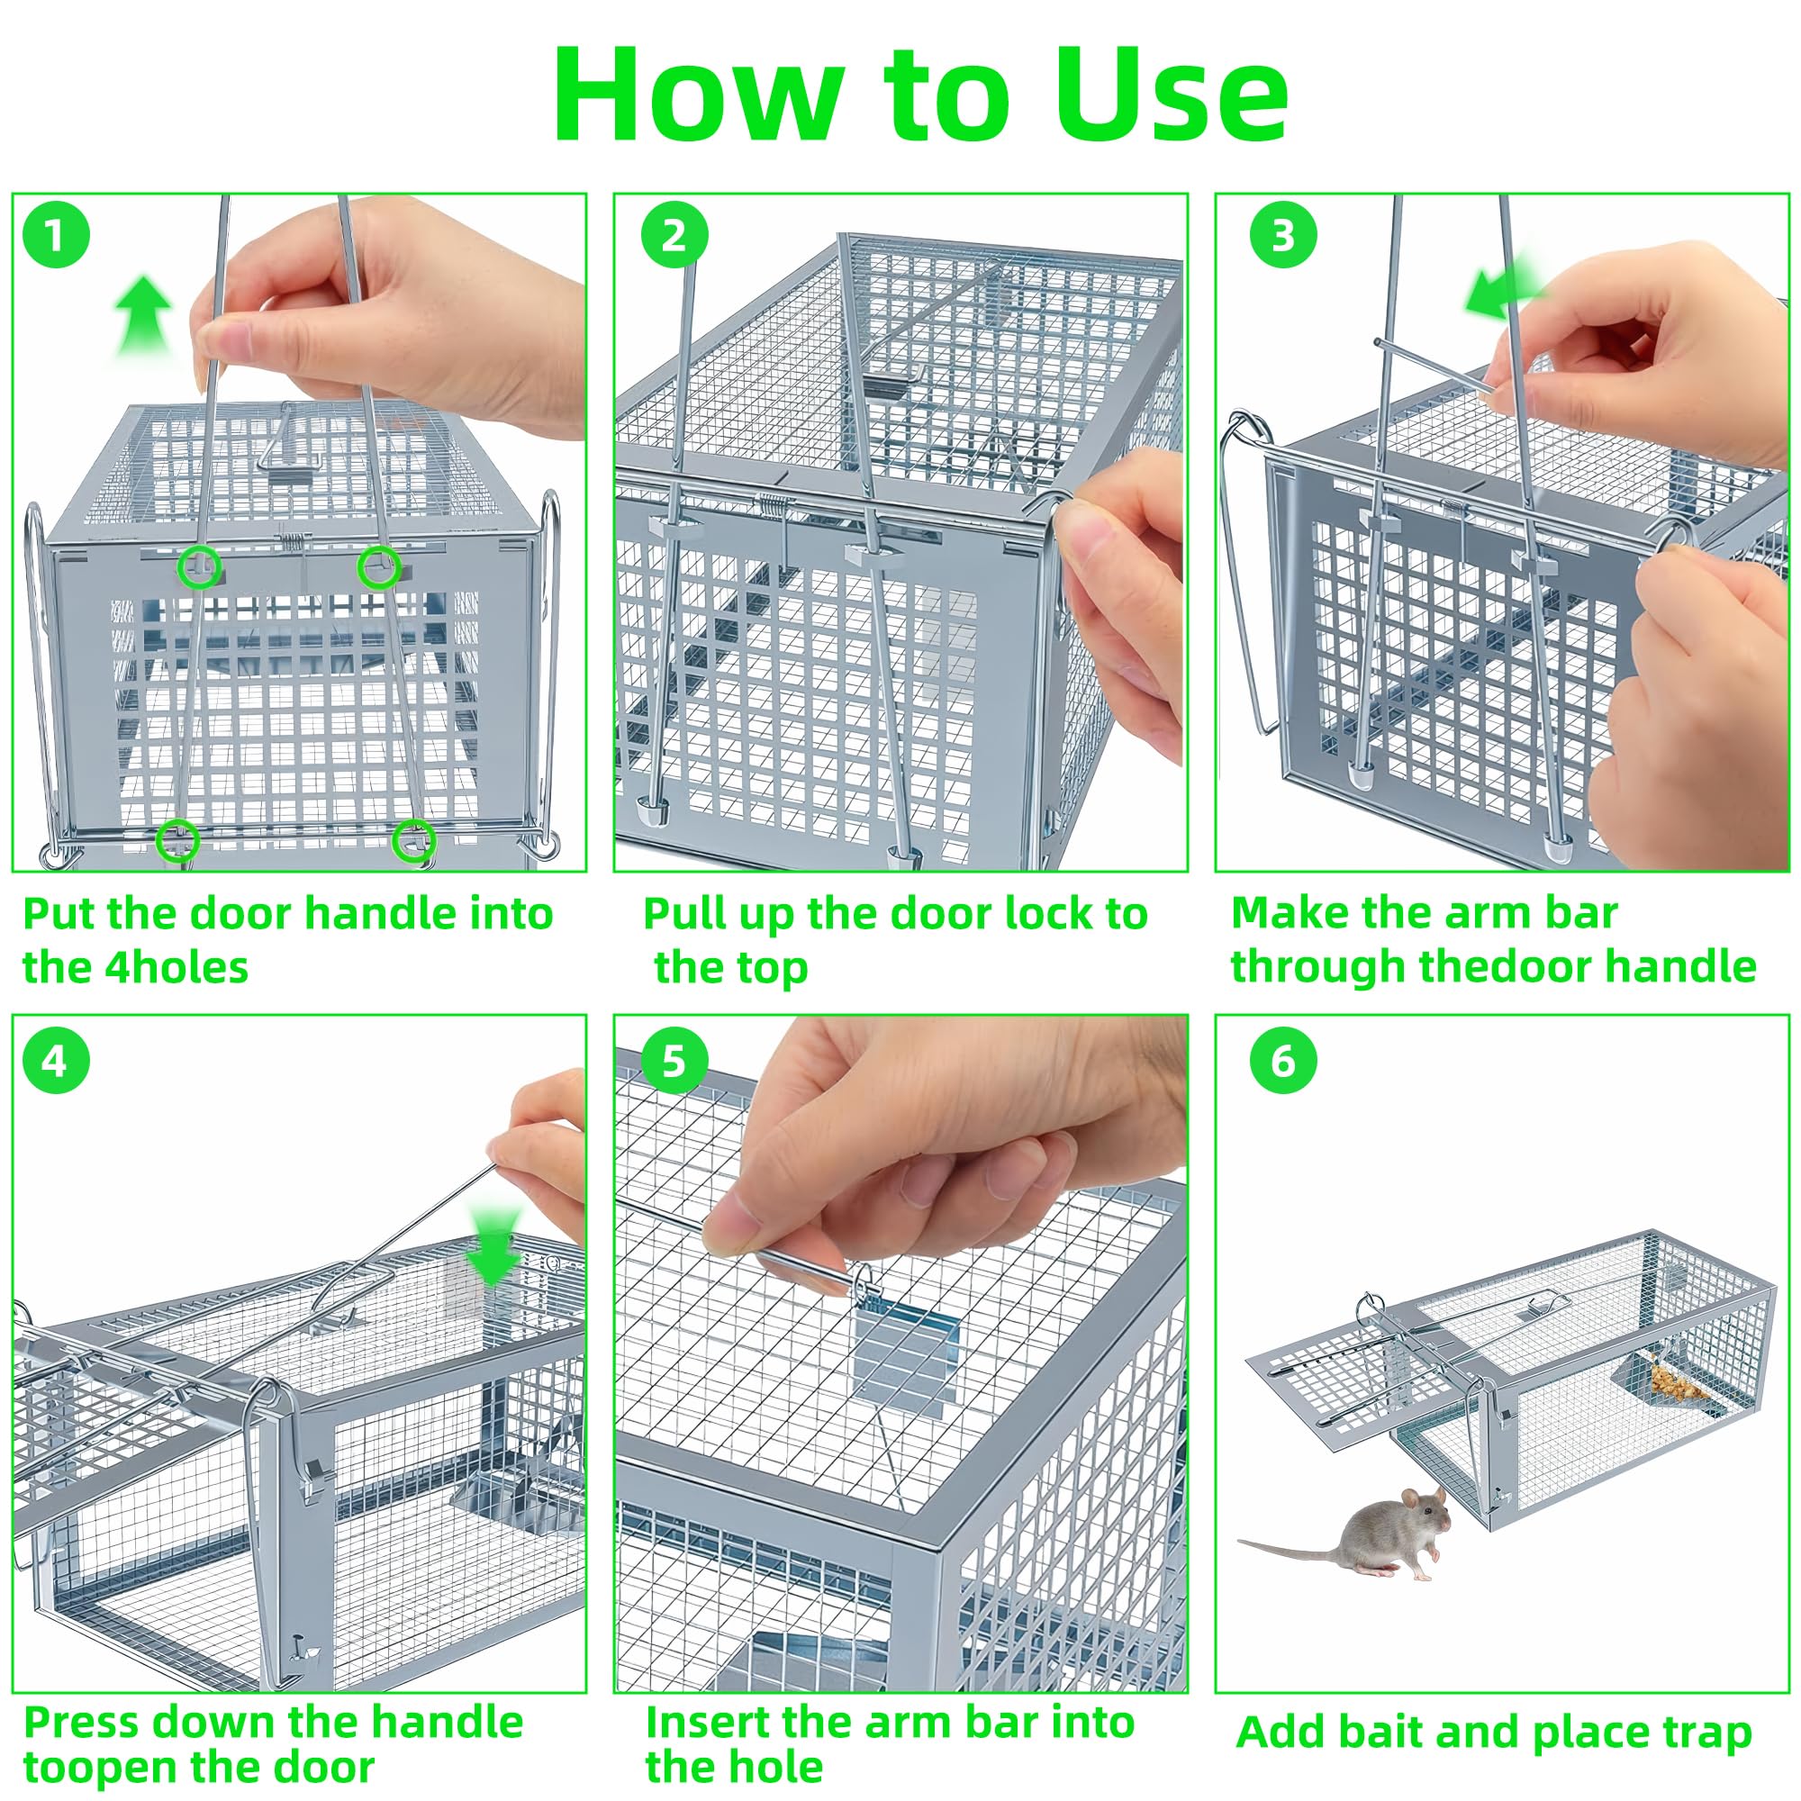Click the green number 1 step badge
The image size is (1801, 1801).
[56, 235]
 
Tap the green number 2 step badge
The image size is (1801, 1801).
[674, 235]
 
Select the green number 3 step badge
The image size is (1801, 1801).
[1283, 235]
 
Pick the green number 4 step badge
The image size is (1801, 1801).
[56, 1061]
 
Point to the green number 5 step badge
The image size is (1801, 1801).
[674, 1061]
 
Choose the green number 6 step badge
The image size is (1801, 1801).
[1283, 1061]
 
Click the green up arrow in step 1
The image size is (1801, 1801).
[143, 317]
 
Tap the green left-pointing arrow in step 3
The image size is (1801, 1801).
[1503, 285]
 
